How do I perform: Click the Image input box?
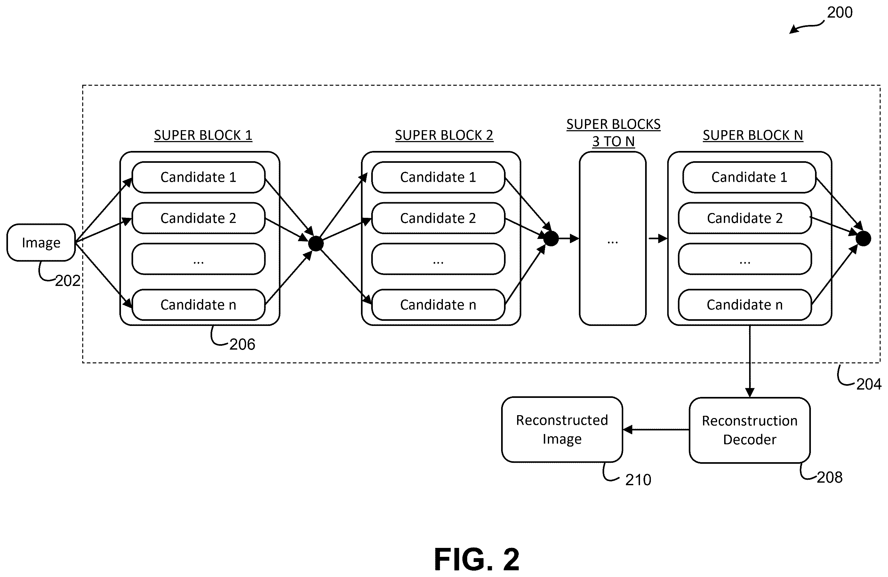[41, 242]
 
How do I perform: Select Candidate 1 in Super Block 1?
[198, 177]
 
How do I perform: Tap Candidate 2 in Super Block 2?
[438, 218]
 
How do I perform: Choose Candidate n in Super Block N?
[745, 305]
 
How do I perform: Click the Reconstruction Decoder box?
[749, 430]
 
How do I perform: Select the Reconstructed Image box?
[562, 430]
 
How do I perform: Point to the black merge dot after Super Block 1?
[316, 244]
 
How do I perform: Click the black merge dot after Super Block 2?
[551, 239]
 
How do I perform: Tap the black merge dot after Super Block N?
[863, 239]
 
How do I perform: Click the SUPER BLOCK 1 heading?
[203, 135]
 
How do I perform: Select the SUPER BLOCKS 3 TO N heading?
[613, 133]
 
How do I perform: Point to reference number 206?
[242, 344]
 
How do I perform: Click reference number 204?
[868, 384]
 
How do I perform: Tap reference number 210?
[638, 480]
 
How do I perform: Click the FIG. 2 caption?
[477, 559]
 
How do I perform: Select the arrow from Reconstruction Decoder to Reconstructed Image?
[656, 430]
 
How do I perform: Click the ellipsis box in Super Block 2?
[438, 259]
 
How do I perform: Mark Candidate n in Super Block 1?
[198, 305]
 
